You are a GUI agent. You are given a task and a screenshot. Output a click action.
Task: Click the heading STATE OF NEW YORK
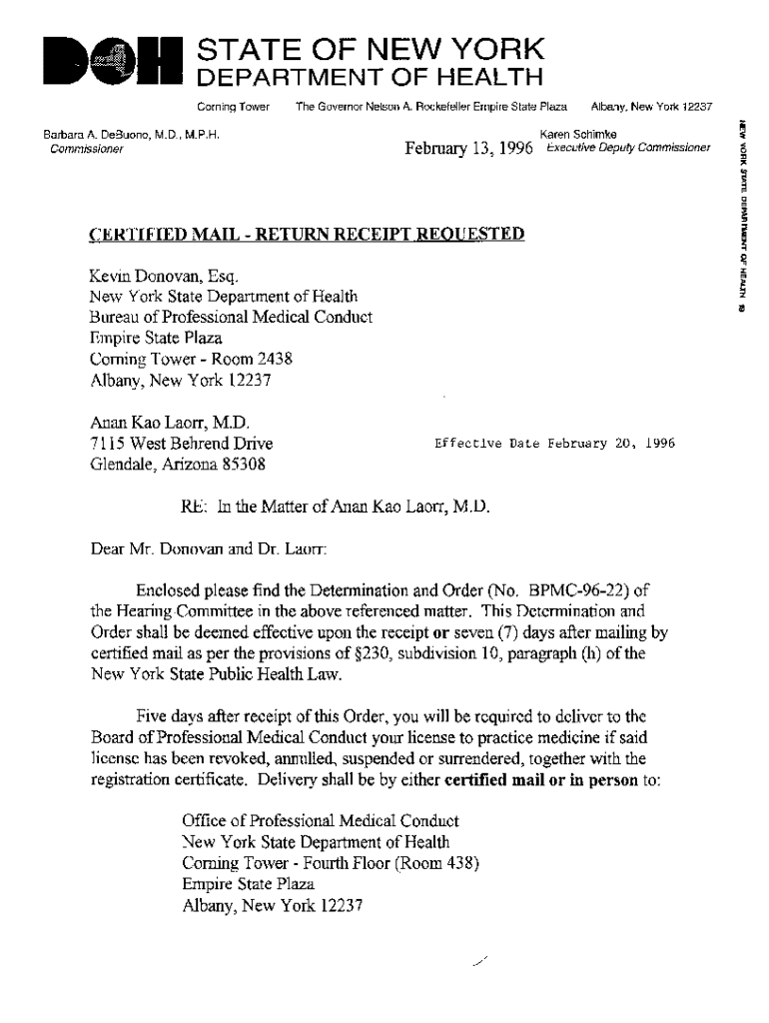pos(372,48)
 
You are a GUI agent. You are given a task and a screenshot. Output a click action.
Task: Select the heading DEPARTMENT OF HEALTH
pos(368,78)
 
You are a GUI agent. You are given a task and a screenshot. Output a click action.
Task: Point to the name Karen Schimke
pos(577,134)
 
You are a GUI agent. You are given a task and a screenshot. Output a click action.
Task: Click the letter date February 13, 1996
pos(468,150)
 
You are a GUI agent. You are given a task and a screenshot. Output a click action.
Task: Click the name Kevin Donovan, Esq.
pos(164,275)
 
